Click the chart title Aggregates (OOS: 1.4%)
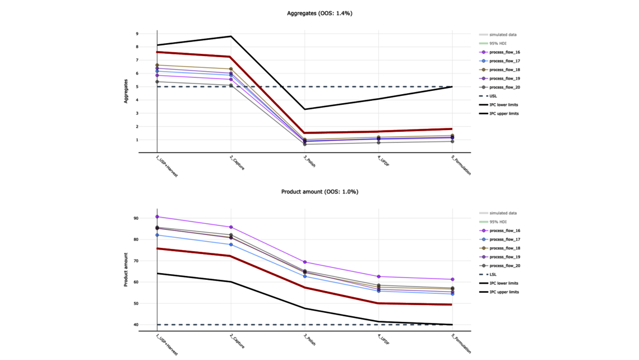click(x=319, y=13)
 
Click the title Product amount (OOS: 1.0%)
click(x=319, y=192)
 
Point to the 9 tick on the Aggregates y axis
click(x=136, y=34)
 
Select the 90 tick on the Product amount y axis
click(x=135, y=218)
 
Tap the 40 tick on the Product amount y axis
click(x=135, y=325)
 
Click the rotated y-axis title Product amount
click(x=126, y=269)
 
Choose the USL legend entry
click(x=493, y=96)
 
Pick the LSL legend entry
click(x=493, y=275)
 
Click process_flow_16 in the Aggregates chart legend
click(x=504, y=52)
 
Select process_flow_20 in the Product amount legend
click(x=504, y=266)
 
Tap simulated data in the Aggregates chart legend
click(x=503, y=35)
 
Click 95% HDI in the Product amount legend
click(x=498, y=222)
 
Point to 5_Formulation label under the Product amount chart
click(x=461, y=344)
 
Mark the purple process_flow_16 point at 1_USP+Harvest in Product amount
click(x=158, y=217)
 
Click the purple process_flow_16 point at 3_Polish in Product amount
click(x=305, y=262)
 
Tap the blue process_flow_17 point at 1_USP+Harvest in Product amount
click(x=158, y=235)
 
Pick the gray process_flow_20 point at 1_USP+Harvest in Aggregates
click(x=158, y=82)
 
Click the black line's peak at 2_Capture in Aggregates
click(x=231, y=36)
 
